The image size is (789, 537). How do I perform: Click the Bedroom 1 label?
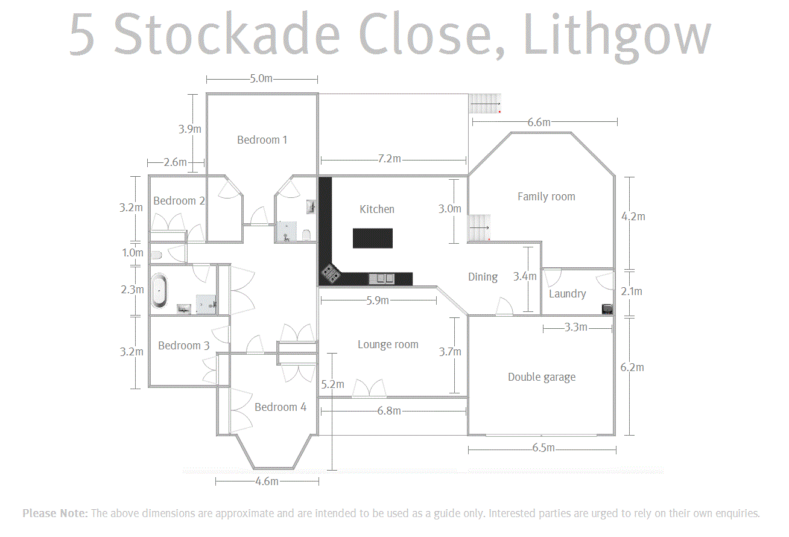pyautogui.click(x=262, y=140)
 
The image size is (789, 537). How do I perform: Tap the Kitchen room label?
pyautogui.click(x=377, y=209)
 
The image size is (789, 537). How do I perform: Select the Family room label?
pyautogui.click(x=547, y=197)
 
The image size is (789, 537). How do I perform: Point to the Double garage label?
pyautogui.click(x=542, y=377)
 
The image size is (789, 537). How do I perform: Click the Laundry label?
pyautogui.click(x=568, y=294)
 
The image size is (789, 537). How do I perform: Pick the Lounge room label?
pyautogui.click(x=388, y=345)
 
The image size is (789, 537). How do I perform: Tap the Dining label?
pyautogui.click(x=483, y=278)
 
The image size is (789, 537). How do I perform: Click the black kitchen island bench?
pyautogui.click(x=373, y=238)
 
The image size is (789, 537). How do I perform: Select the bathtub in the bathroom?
pyautogui.click(x=159, y=291)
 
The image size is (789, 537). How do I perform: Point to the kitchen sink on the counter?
pyautogui.click(x=381, y=279)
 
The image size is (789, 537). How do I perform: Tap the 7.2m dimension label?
pyautogui.click(x=390, y=159)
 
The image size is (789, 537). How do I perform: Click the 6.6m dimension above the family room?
pyautogui.click(x=539, y=122)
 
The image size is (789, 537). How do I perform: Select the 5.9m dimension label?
pyautogui.click(x=378, y=300)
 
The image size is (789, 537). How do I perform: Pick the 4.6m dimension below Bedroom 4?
pyautogui.click(x=267, y=481)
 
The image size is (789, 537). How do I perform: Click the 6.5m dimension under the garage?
pyautogui.click(x=543, y=448)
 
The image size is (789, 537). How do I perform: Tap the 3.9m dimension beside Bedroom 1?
pyautogui.click(x=190, y=129)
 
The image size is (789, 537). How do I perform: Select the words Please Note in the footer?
pyautogui.click(x=55, y=513)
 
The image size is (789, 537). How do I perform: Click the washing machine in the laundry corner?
pyautogui.click(x=607, y=309)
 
